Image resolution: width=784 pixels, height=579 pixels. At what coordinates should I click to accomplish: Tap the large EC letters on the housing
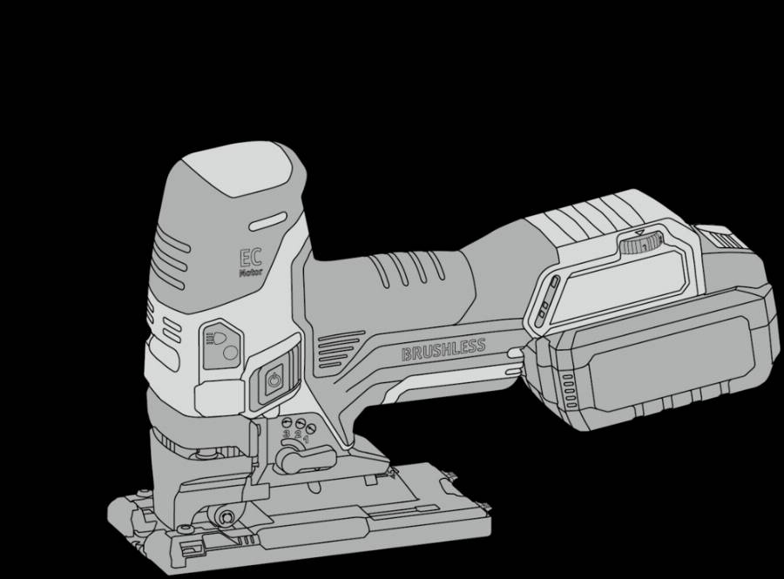pyautogui.click(x=251, y=259)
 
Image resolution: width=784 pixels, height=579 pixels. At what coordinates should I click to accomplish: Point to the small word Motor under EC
pyautogui.click(x=250, y=273)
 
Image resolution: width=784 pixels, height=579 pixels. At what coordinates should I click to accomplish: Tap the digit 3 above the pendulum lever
pyautogui.click(x=287, y=433)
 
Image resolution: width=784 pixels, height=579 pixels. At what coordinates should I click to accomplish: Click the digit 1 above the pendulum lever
pyautogui.click(x=306, y=439)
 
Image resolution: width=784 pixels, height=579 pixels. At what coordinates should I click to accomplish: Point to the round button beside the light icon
pyautogui.click(x=230, y=353)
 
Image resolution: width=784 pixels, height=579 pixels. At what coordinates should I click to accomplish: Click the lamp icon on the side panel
pyautogui.click(x=217, y=338)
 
